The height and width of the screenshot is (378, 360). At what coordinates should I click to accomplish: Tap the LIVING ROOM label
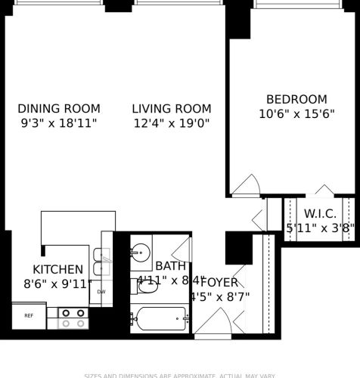(x=171, y=108)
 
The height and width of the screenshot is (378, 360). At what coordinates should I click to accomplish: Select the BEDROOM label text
(x=296, y=99)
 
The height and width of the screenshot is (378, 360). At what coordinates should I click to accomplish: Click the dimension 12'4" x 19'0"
(x=171, y=122)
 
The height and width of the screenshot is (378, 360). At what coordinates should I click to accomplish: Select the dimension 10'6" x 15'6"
(x=296, y=113)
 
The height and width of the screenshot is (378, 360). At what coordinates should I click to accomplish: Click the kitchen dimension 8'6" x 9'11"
(x=57, y=284)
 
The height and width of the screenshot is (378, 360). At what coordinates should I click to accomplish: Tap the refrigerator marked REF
(x=29, y=316)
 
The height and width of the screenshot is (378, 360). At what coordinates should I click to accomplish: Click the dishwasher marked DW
(x=101, y=291)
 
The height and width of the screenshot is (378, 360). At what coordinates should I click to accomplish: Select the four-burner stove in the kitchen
(x=73, y=318)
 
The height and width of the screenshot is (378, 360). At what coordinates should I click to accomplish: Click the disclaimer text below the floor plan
(x=180, y=374)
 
